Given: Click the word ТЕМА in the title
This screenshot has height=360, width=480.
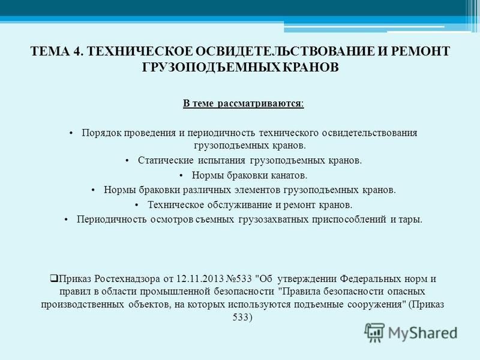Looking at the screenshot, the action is point(50,51).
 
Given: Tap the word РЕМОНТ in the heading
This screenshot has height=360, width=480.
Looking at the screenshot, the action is point(420,51).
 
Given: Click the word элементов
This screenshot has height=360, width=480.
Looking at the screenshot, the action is point(257,190).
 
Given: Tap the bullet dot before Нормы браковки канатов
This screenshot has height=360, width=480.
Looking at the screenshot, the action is point(181,176).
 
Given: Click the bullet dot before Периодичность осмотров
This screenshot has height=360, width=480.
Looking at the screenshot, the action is point(66,220).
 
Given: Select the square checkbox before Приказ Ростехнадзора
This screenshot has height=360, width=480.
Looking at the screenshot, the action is point(54,278).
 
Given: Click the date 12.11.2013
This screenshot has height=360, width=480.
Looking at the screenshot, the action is point(200,279).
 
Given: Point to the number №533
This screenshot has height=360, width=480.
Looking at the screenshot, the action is point(239,279).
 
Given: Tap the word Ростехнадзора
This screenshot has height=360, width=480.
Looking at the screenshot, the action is point(127,279).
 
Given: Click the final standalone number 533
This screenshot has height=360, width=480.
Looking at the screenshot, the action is point(243,317).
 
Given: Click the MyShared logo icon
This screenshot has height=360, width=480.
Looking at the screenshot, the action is point(374,333).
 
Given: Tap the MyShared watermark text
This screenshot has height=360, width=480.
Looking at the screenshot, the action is point(423,333).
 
